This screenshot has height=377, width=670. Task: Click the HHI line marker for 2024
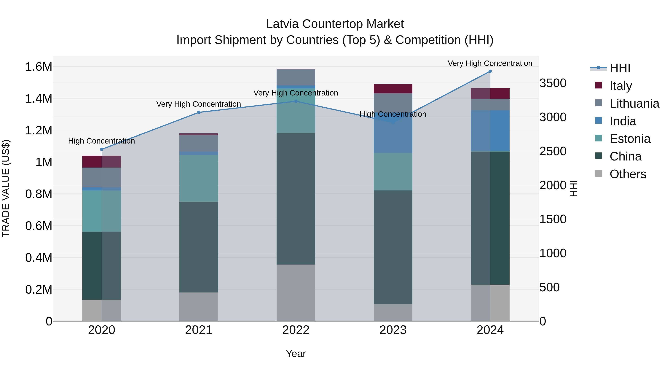[x=490, y=71]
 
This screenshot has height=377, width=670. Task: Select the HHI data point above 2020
[x=102, y=149]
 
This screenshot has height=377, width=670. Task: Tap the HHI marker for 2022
[x=296, y=101]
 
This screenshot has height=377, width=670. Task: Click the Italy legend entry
[x=620, y=86]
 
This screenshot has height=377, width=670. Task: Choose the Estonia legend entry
[x=629, y=139]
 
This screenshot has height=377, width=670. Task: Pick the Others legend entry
[x=627, y=174]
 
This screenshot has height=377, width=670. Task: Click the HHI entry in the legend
[x=620, y=68]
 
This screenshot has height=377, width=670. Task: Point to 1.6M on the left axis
[x=39, y=67]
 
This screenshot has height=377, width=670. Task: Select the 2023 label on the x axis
[x=393, y=330]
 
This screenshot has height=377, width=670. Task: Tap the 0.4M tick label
[x=39, y=258]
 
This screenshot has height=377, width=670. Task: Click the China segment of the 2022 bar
[x=296, y=199]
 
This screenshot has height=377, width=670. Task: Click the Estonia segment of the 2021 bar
[x=199, y=178]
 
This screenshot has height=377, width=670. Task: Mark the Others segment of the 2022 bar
[x=296, y=293]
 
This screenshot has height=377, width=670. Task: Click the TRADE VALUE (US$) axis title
[x=6, y=189]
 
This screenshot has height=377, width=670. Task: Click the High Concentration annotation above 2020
[x=101, y=141]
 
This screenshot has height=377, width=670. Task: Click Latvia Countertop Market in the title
[x=335, y=24]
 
